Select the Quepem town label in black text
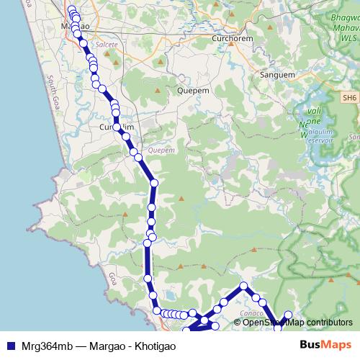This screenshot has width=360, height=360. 192,91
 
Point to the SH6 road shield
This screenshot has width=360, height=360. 350,98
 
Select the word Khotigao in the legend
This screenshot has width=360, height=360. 154,346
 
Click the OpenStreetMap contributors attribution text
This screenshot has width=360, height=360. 297,323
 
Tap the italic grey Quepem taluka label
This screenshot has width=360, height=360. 161,150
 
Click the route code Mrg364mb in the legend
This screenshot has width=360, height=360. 44,346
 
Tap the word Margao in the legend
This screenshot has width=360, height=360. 110,346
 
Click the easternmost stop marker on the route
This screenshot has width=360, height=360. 288,315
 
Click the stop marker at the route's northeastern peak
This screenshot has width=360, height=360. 243,286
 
